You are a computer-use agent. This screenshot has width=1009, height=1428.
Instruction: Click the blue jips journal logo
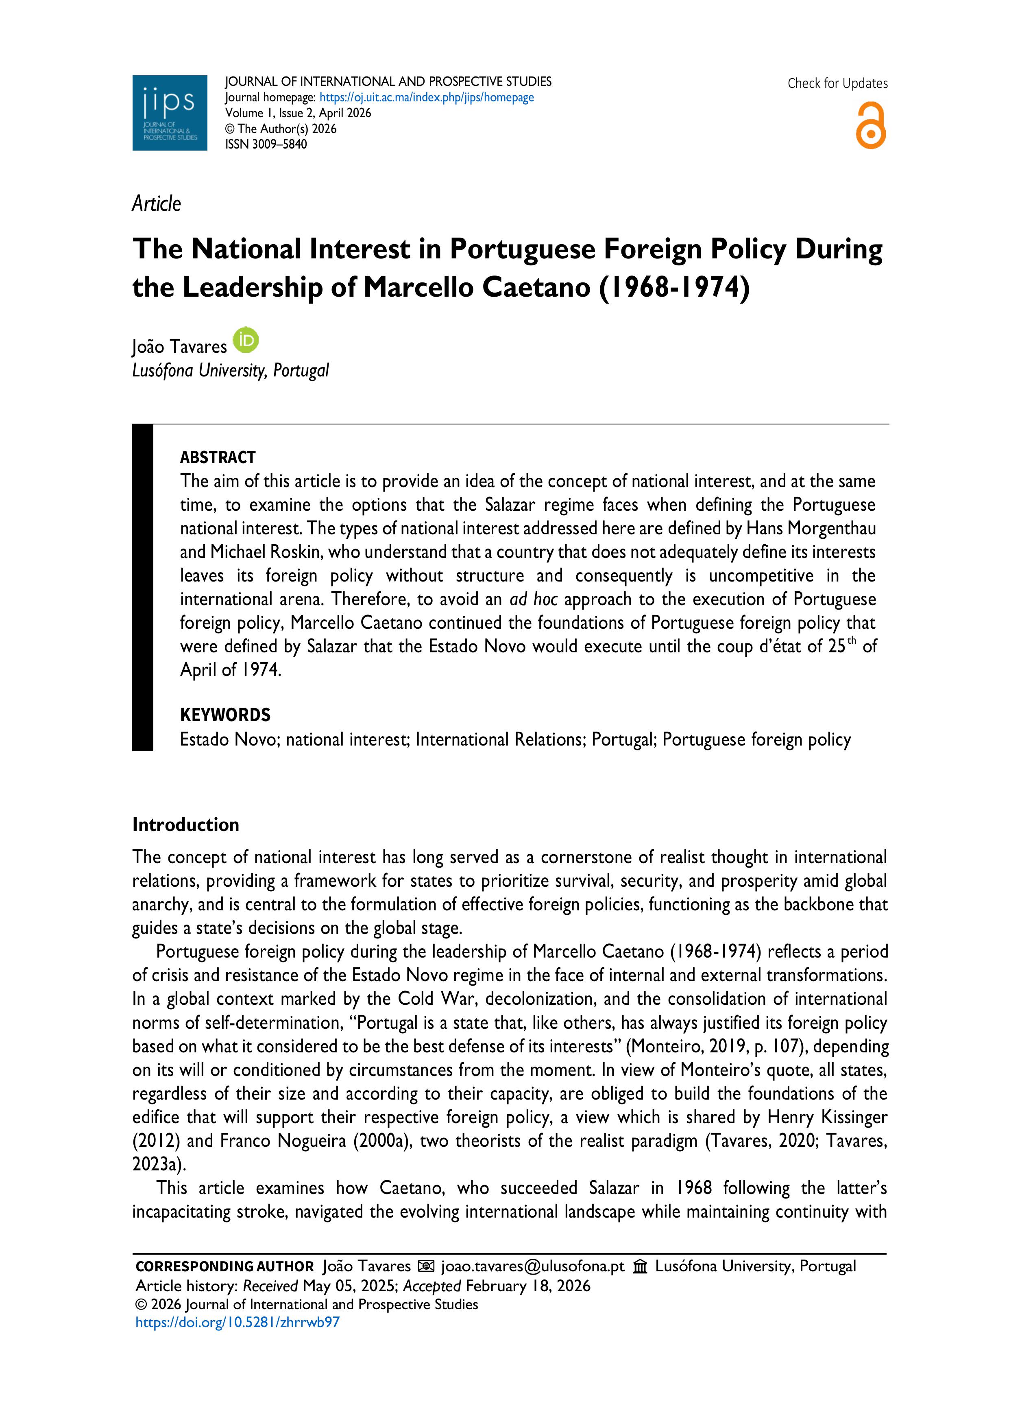pos(169,113)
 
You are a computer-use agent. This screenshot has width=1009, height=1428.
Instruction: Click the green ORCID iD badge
pos(246,340)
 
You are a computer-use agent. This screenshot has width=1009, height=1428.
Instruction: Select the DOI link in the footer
pos(238,1322)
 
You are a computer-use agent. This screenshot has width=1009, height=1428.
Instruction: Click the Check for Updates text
pos(837,83)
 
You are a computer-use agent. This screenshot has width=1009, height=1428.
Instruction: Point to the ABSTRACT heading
pos(218,458)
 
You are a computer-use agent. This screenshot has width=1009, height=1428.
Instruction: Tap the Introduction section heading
pos(185,825)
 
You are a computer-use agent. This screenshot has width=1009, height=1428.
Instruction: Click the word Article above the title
pos(156,204)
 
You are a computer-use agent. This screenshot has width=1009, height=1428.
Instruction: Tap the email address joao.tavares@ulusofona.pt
pos(533,1266)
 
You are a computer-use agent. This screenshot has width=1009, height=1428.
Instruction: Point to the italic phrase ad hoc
pos(534,599)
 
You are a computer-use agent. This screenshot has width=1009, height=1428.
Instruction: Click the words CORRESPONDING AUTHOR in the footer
pos(224,1266)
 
